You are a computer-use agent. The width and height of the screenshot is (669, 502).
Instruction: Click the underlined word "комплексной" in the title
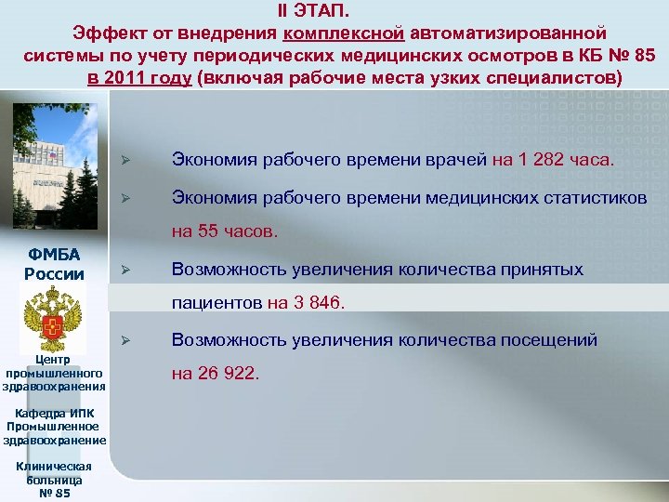coord(344,33)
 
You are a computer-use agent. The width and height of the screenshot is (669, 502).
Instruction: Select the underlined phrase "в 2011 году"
coord(140,77)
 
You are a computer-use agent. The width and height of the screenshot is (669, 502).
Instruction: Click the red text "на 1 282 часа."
coord(553,159)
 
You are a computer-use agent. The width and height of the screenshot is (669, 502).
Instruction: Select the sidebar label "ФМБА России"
coord(55,264)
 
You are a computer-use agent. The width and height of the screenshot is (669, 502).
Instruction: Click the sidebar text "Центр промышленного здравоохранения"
coord(54,373)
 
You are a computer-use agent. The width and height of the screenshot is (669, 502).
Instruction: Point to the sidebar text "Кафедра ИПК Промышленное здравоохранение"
coord(55,427)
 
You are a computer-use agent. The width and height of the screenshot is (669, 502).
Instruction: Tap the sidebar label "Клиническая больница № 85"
coord(55,479)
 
